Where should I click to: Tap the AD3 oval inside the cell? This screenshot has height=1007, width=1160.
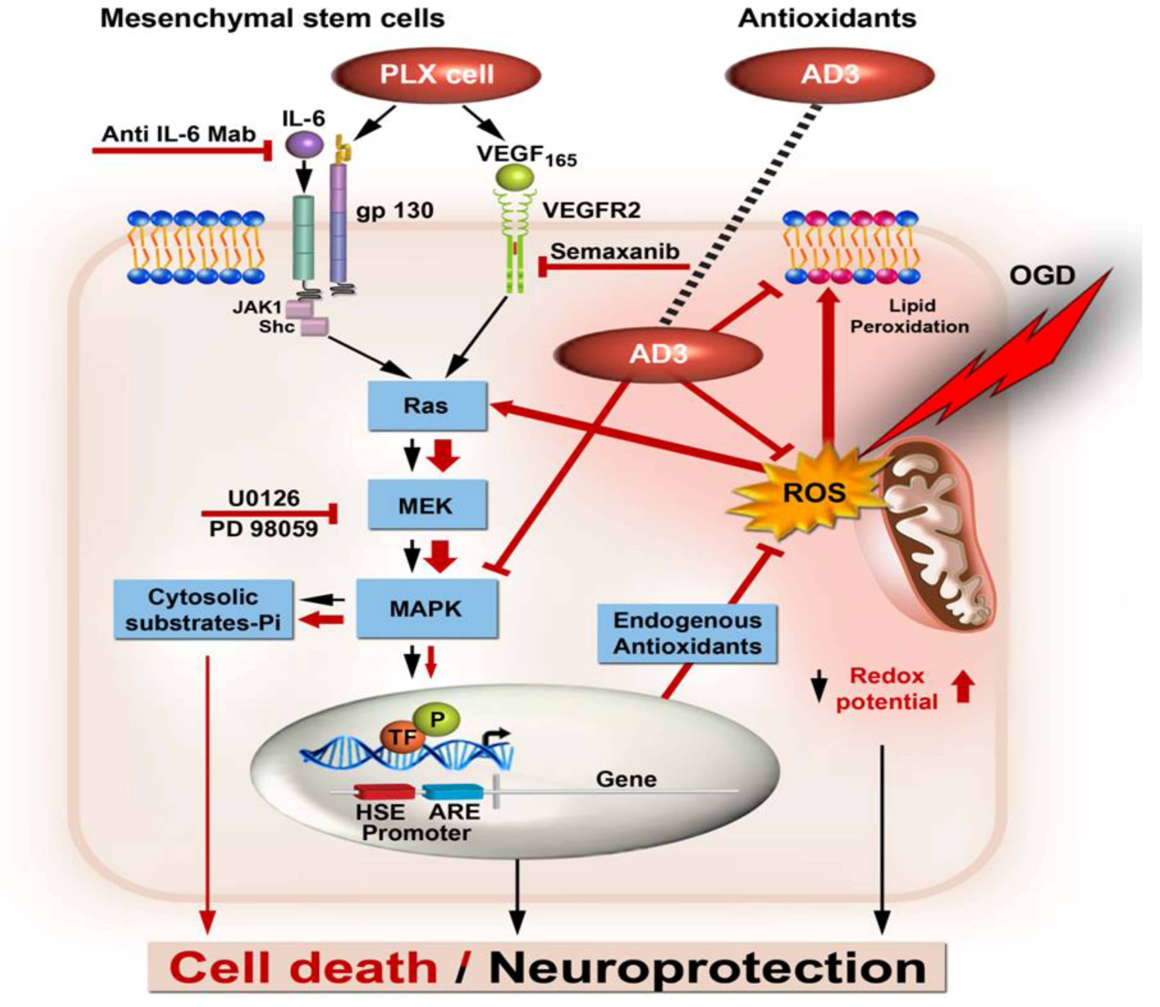tap(658, 354)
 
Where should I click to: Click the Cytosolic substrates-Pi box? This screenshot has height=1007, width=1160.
tap(204, 610)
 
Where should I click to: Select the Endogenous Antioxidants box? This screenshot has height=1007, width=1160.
tap(687, 633)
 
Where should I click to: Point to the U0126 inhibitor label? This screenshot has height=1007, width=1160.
tap(263, 498)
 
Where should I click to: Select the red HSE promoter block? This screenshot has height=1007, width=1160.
tap(384, 792)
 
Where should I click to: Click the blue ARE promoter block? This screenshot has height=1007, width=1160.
tap(453, 792)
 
